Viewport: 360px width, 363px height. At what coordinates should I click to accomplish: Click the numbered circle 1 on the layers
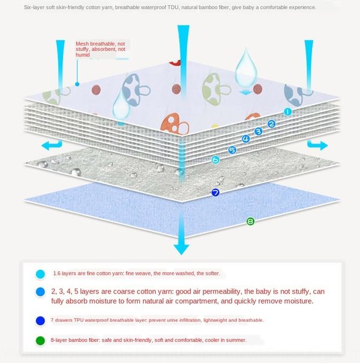coord(288,112)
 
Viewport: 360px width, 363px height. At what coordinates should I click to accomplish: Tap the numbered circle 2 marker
coord(272,124)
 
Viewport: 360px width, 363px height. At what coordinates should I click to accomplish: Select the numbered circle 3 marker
coord(258,131)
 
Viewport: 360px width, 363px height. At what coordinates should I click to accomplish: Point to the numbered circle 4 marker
coord(246,139)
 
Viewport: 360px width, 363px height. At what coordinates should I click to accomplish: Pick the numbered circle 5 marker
coord(232,150)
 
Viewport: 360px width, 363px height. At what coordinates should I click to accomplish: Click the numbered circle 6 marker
coord(215,160)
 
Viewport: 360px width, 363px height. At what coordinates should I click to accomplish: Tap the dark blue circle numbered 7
coord(215,192)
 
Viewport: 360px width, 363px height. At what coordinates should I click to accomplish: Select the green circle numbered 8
coord(250,221)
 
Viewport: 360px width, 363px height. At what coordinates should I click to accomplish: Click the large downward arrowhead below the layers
coord(182,249)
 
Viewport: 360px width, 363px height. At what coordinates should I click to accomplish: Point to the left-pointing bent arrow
coord(52,145)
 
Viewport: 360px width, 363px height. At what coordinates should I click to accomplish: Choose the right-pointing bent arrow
coord(318,145)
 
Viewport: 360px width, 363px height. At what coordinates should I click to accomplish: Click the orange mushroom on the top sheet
coord(175,124)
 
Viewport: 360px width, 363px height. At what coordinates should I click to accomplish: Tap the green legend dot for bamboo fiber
coord(41,341)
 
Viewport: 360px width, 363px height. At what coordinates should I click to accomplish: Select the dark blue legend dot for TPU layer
coord(41,321)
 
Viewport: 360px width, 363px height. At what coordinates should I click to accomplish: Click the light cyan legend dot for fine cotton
coord(41,274)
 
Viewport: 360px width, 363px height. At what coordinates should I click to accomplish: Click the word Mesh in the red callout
coord(82,44)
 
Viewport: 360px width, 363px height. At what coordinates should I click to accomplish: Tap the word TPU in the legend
coord(79,320)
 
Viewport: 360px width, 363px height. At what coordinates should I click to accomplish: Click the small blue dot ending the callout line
coord(77,84)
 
